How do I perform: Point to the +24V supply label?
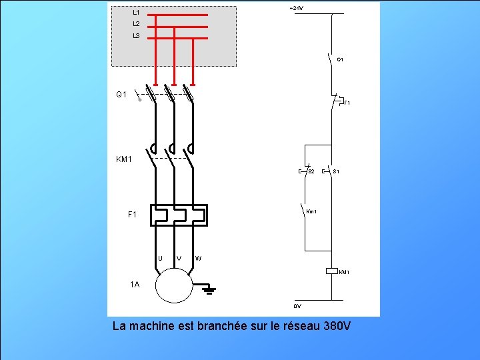296,8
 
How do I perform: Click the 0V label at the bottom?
297,306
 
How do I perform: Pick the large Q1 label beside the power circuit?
121,95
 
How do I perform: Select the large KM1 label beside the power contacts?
124,159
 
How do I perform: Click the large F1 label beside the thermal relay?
132,215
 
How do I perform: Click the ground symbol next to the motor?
209,289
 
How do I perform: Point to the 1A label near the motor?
135,285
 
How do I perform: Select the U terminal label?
160,259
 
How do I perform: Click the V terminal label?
179,259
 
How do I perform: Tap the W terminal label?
199,259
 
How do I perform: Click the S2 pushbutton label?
311,172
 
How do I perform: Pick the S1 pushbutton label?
337,172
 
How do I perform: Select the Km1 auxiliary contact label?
311,212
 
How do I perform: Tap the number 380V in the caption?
336,327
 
